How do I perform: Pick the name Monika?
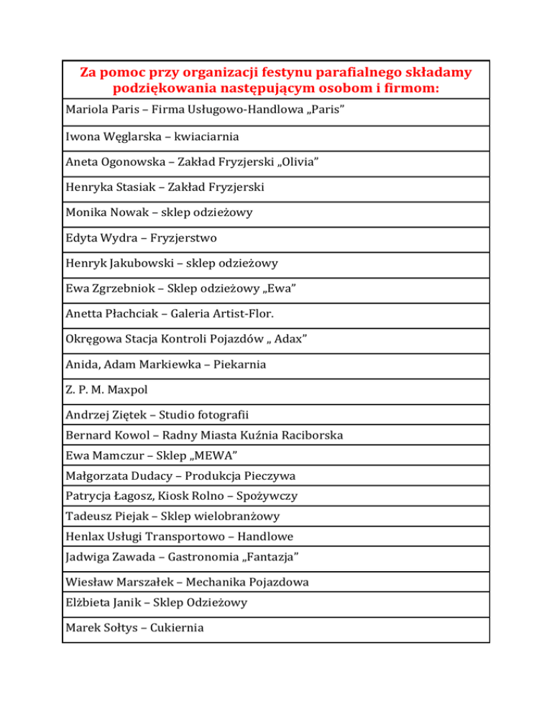click(87, 213)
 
